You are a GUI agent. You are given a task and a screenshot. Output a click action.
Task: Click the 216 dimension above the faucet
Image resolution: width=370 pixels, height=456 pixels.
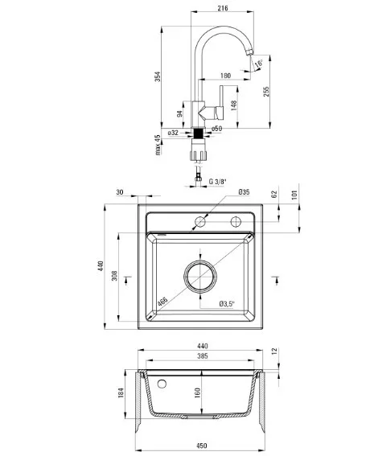coord(223,8)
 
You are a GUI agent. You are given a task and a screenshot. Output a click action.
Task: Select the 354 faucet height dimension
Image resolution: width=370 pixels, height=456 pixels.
coord(158,76)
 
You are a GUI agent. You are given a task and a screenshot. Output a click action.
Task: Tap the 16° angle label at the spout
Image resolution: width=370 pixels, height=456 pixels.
coord(258,64)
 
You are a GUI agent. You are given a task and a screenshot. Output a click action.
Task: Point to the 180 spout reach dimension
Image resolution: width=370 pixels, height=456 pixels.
coord(225,76)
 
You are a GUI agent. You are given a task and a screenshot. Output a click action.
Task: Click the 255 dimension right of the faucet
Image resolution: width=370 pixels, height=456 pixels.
coord(266,92)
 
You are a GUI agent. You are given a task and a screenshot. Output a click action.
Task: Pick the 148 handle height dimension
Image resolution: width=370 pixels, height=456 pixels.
coord(234,106)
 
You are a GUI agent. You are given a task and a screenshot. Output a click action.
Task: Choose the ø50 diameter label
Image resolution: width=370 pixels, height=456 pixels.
coord(216,129)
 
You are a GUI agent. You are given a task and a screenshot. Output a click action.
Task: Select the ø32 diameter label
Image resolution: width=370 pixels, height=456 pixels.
coord(173,133)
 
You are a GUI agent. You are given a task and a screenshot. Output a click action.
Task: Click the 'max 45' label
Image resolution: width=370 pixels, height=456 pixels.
coord(158,145)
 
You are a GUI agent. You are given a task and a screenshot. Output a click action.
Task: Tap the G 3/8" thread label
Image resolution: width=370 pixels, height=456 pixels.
coord(218,182)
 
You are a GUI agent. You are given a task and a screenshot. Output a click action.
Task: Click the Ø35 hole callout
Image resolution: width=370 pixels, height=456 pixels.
coord(244,192)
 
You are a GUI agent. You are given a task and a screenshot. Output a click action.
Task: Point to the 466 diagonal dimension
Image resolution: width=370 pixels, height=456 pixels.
coord(162,302)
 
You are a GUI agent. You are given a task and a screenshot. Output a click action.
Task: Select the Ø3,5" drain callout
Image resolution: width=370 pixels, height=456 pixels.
coord(227,304)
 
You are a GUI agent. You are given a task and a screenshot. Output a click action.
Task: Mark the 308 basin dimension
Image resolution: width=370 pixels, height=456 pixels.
coord(114,275)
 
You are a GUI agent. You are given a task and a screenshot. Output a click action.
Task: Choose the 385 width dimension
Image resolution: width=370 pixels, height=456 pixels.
coord(203,356)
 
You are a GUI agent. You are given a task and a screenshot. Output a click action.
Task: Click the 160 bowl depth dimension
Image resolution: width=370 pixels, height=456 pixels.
coord(198,392)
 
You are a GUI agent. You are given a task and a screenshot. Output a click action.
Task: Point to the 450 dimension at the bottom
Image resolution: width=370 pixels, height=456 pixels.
coord(202,446)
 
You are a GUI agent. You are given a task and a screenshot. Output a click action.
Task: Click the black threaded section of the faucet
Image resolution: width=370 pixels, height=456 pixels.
coord(198,134)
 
